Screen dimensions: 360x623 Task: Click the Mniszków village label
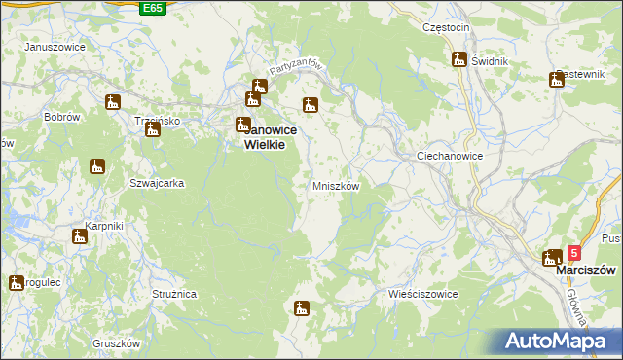coord(336,186)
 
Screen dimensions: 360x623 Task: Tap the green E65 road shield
coord(153,8)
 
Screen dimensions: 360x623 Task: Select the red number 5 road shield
coord(574,252)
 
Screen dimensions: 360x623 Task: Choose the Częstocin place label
coord(447,28)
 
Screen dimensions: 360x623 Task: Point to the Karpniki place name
coord(102,227)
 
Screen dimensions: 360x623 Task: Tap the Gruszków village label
coord(116,343)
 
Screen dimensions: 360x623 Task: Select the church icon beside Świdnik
coord(458,59)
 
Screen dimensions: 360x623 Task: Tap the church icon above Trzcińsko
coord(152,129)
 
